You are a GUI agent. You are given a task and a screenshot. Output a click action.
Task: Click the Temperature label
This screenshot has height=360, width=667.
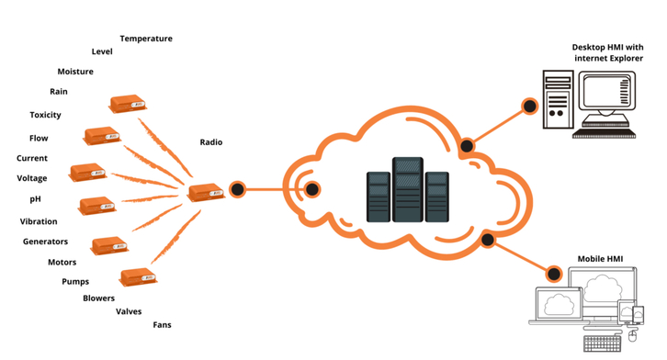tap(146, 39)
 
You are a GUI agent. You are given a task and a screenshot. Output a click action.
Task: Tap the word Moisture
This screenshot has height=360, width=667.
tap(75, 72)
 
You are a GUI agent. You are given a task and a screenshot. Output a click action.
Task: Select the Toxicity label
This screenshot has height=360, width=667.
tap(46, 115)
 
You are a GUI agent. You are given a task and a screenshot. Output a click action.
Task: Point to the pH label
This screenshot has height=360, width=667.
tap(35, 199)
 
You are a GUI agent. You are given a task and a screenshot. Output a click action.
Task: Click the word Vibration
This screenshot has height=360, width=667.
tap(39, 221)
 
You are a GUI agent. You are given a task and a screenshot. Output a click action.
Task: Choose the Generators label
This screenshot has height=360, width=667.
tap(46, 242)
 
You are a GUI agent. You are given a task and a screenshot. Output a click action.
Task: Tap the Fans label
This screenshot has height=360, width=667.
tap(162, 325)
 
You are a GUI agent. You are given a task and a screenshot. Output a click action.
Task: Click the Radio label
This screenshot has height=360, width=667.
tap(211, 142)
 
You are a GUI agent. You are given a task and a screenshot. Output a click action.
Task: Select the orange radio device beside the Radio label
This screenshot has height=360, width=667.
tap(206, 192)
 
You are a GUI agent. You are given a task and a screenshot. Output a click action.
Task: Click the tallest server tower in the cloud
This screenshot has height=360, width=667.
tap(408, 189)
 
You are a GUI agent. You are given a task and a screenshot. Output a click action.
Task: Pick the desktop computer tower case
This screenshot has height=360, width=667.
tap(558, 100)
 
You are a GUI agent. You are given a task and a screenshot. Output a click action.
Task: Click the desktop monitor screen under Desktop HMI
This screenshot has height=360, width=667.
tap(606, 91)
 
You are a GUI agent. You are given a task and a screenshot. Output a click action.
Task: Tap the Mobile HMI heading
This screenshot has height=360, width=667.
tap(600, 259)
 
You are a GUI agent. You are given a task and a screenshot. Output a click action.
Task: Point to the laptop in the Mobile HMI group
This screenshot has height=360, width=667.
tap(558, 306)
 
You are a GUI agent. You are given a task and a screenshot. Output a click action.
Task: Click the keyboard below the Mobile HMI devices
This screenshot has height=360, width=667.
tap(603, 343)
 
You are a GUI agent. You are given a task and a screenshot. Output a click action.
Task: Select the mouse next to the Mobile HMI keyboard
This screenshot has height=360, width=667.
tap(632, 336)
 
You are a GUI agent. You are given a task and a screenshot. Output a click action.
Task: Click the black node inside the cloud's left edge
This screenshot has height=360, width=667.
tap(312, 189)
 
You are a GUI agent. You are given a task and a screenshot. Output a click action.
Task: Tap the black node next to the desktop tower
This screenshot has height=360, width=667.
tap(529, 106)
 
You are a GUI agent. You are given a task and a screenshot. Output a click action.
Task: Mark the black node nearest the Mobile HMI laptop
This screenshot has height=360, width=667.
tap(554, 274)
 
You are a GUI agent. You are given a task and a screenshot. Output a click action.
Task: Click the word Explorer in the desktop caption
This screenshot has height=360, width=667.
tap(626, 58)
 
